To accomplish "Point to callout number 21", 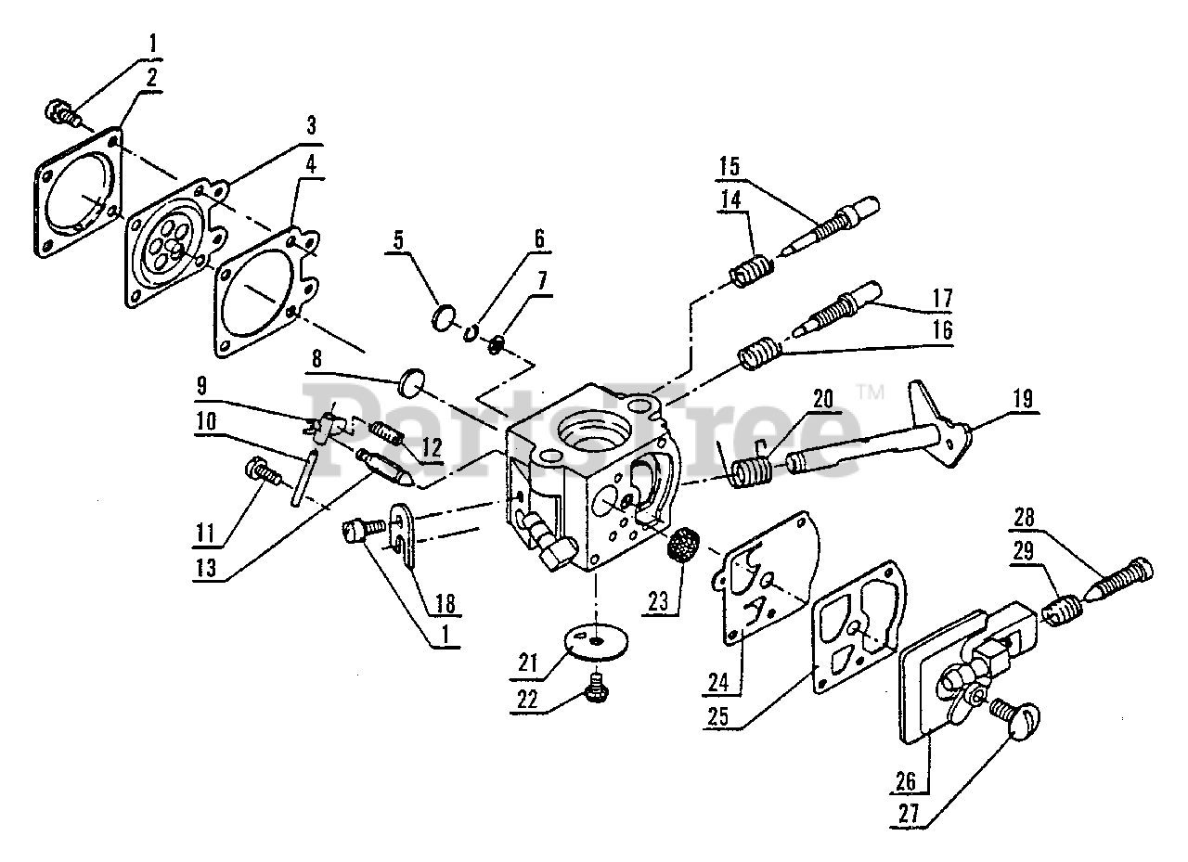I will click(529, 664).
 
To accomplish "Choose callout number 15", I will click(729, 168).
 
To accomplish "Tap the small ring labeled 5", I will click(445, 318).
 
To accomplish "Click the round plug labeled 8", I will click(411, 381).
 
